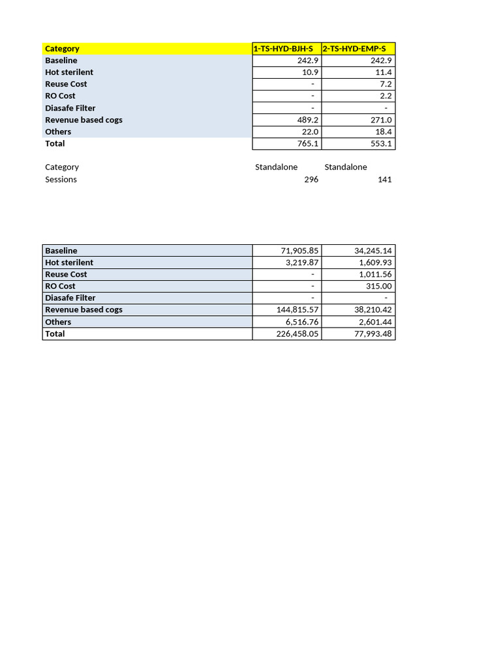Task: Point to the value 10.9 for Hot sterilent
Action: coord(307,72)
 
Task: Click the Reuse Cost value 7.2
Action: coord(385,84)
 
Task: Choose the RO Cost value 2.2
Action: coord(385,96)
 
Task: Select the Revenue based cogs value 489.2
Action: coord(305,120)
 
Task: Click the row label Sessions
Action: coord(61,180)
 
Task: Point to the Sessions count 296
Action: coord(311,180)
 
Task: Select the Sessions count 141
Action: coord(384,180)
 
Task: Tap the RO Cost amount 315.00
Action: coord(378,286)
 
